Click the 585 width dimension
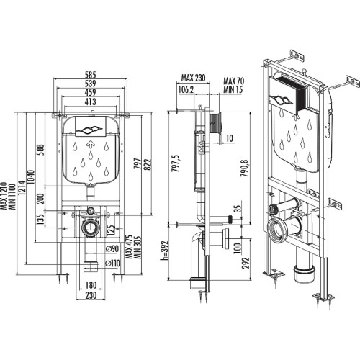(91, 75)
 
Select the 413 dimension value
(91, 102)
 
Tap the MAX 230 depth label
(193, 78)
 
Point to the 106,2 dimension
(186, 89)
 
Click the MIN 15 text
(233, 89)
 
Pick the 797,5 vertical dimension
(176, 163)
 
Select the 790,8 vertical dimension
(245, 168)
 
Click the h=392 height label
(166, 251)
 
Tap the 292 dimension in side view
(246, 263)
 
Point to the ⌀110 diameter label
(113, 264)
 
